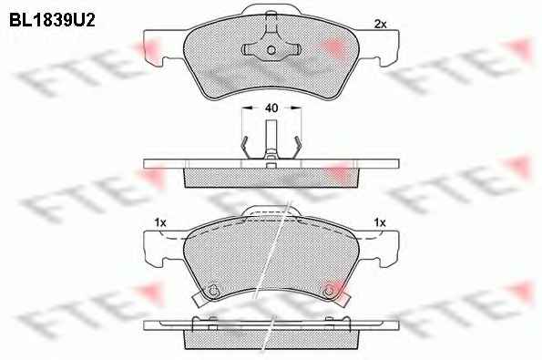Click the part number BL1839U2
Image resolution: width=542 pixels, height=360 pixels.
coord(52,20)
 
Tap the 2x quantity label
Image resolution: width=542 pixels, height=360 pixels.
coord(380,24)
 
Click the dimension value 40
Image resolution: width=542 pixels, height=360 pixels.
coord(271,108)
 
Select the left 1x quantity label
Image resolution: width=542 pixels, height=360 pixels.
coord(160,222)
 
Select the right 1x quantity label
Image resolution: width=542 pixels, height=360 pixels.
coord(380,222)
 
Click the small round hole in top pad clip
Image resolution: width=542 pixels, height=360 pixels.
coord(271,50)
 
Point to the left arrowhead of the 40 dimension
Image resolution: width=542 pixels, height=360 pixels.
coord(246,108)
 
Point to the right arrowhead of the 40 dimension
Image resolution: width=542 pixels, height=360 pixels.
coord(296,108)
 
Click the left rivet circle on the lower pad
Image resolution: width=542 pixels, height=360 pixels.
coord(213,291)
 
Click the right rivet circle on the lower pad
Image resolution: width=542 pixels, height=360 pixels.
coord(329,291)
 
